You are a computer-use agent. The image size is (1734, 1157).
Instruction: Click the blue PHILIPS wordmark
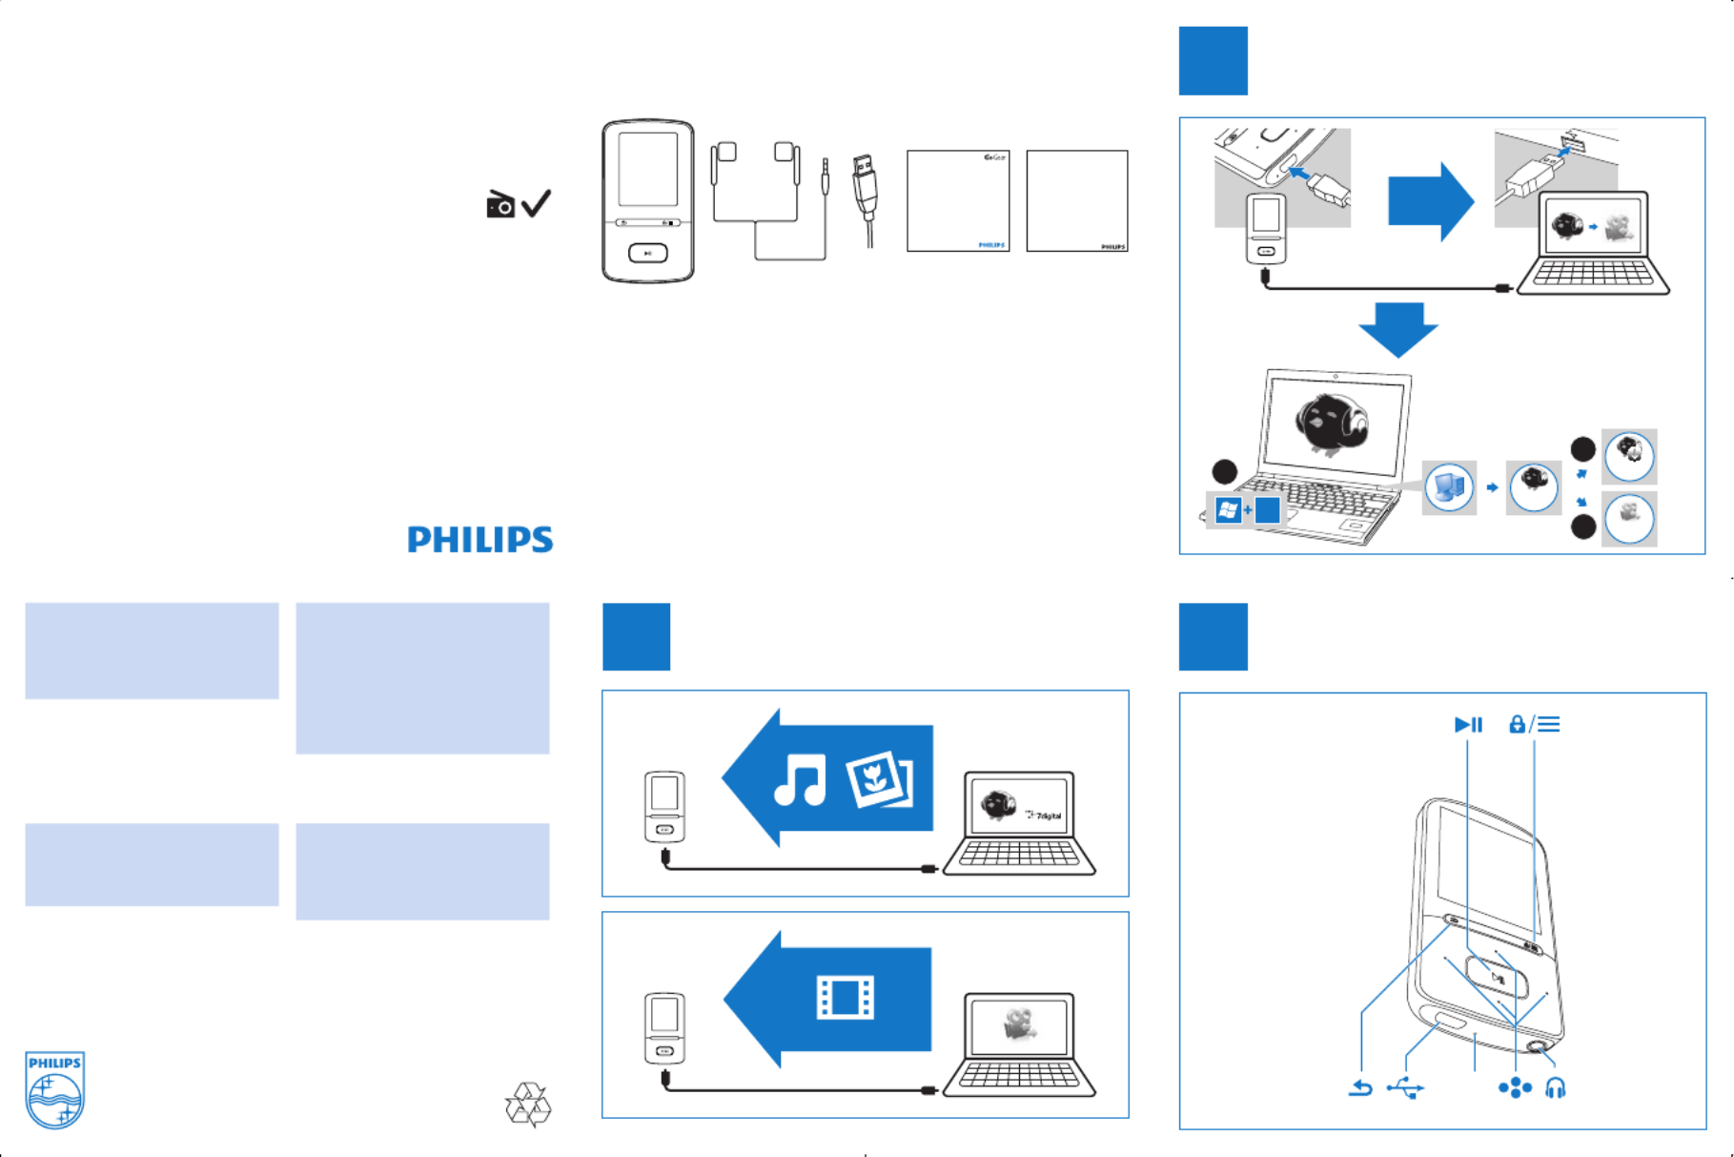click(479, 540)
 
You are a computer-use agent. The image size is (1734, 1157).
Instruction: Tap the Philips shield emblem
click(54, 1090)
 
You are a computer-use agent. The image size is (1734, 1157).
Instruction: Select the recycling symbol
click(528, 1105)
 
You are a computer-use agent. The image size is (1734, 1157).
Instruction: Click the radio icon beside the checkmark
click(500, 204)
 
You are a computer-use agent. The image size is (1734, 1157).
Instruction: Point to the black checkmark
click(537, 203)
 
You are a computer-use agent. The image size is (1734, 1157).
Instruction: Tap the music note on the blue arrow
click(799, 779)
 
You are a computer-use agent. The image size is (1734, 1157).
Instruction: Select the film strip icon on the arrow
click(846, 998)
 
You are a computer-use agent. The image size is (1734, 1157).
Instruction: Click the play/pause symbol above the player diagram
click(1468, 725)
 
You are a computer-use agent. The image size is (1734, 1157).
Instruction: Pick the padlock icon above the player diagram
click(1517, 725)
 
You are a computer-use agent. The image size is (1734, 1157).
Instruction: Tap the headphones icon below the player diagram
click(1555, 1087)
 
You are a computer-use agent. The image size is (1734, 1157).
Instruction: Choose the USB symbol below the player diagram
click(1405, 1087)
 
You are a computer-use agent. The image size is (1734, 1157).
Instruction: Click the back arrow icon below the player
click(1360, 1087)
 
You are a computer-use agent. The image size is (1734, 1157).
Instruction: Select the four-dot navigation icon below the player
click(1514, 1087)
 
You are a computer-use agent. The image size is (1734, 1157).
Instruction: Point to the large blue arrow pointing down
click(1397, 329)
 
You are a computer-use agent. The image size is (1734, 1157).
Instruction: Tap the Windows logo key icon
click(1228, 511)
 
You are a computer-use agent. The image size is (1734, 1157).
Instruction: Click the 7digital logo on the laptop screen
click(1044, 816)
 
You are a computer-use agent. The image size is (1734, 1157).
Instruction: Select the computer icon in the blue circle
click(1449, 487)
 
